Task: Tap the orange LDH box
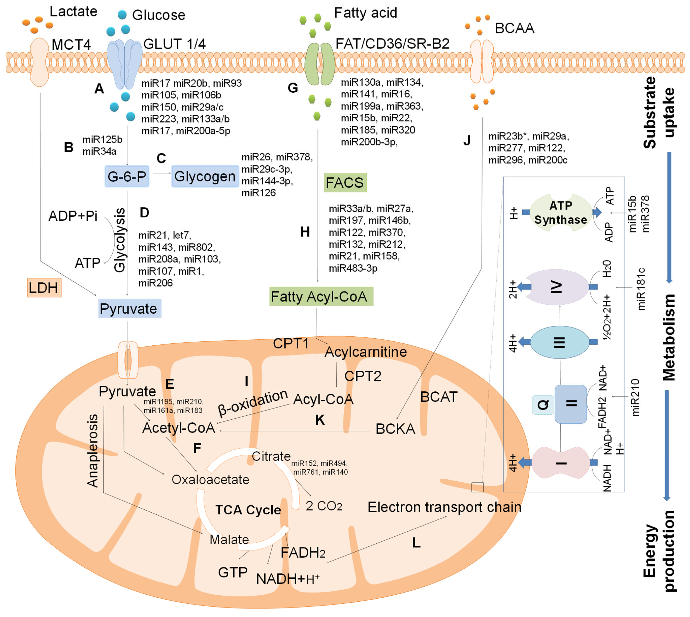(x=44, y=288)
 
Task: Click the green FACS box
(x=345, y=183)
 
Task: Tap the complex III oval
(x=560, y=342)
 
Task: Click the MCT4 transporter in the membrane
(x=40, y=62)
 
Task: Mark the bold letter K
(x=320, y=420)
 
